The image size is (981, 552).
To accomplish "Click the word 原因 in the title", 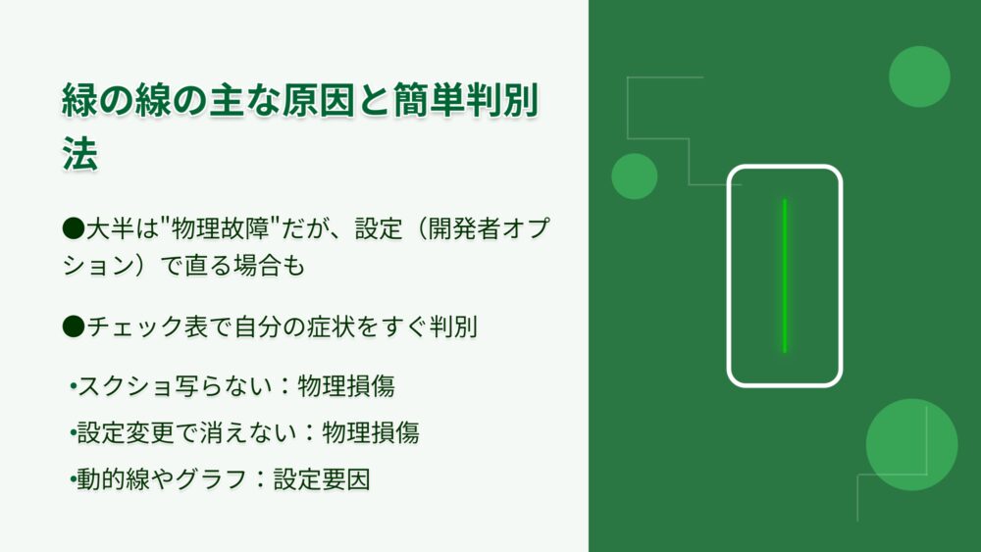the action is tap(318, 100).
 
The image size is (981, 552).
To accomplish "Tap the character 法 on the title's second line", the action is tap(80, 153).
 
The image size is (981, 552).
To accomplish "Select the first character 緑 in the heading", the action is tap(80, 100).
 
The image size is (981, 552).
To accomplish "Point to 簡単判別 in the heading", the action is tap(465, 100).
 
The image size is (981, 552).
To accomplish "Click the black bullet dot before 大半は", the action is tap(74, 228).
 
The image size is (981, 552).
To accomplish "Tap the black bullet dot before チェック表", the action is tap(74, 326).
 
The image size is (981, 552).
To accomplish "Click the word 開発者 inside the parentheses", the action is tap(464, 228).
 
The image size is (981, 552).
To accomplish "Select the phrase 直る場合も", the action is tap(244, 265).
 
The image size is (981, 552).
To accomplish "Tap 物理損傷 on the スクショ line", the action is tap(346, 385).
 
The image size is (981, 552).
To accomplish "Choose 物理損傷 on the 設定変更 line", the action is tap(371, 432).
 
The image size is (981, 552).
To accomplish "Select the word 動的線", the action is tap(113, 479).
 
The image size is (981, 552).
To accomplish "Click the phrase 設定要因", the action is tap(322, 479).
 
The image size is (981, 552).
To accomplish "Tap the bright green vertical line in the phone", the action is tap(785, 276).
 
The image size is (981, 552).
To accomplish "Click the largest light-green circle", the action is tap(911, 444).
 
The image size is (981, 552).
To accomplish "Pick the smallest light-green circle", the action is tap(635, 176).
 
